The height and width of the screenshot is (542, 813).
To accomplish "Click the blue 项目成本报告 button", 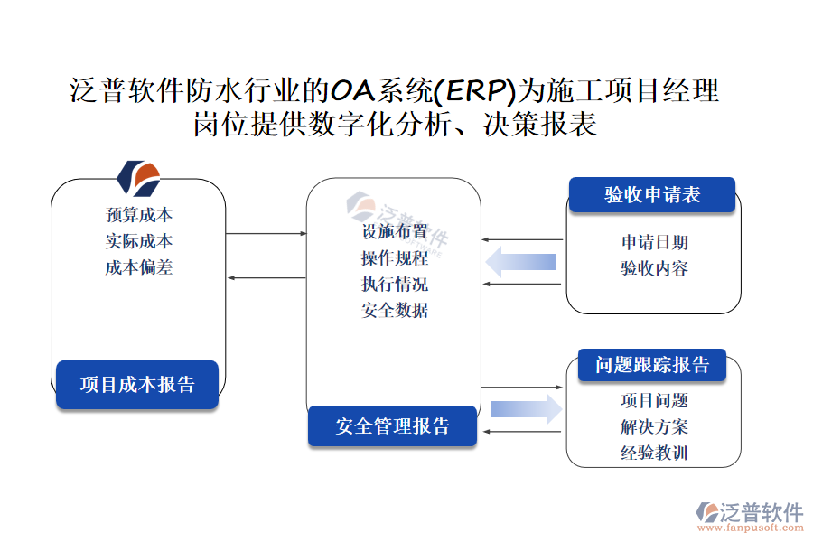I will coord(137,384).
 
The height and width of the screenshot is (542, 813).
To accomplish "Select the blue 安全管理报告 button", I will coord(392,426).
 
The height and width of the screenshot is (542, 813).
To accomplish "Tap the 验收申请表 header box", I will coord(651,195).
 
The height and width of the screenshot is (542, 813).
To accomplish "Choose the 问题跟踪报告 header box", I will coord(652,365).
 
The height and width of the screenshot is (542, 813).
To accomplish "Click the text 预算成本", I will coord(139,215).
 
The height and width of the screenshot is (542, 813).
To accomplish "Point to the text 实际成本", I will coord(139,241).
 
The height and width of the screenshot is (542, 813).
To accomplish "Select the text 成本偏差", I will coord(139,267).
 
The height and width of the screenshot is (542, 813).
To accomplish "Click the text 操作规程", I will coord(395,258).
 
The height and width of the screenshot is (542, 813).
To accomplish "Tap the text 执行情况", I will coord(395,285).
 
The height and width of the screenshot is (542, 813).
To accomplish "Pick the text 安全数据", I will coord(395,311).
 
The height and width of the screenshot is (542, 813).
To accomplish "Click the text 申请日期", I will coord(654,242).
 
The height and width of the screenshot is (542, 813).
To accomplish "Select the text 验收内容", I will coord(654,268).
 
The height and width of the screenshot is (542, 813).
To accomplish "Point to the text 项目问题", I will coord(654,400).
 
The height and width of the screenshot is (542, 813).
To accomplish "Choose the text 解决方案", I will coord(654,426).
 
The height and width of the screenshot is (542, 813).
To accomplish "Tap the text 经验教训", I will coord(654,453).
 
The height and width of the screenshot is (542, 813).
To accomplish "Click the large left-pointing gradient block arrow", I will coord(521,263).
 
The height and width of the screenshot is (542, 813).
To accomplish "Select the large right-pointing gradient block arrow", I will coord(526,408).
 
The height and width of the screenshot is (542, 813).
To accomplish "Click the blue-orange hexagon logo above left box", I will coord(139,178).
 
